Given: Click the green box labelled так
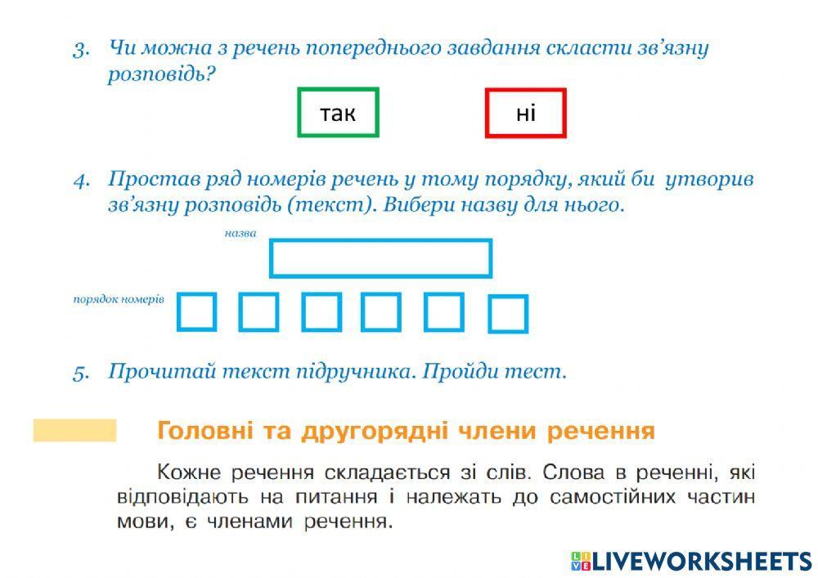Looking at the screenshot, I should tap(338, 112).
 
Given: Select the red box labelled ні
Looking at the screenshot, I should tap(525, 112).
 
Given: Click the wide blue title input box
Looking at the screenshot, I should tap(380, 258).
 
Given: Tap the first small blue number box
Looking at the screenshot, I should tap(196, 312).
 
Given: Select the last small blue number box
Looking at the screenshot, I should tap(507, 315).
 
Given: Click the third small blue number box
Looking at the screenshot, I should tap(321, 312).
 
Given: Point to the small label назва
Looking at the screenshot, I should tap(240, 233).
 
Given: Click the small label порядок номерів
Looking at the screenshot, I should tap(119, 299).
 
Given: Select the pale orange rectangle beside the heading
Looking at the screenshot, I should tap(74, 430).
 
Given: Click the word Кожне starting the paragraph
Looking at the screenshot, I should tap(183, 472).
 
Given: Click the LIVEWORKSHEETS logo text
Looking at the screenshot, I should tap(700, 561).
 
